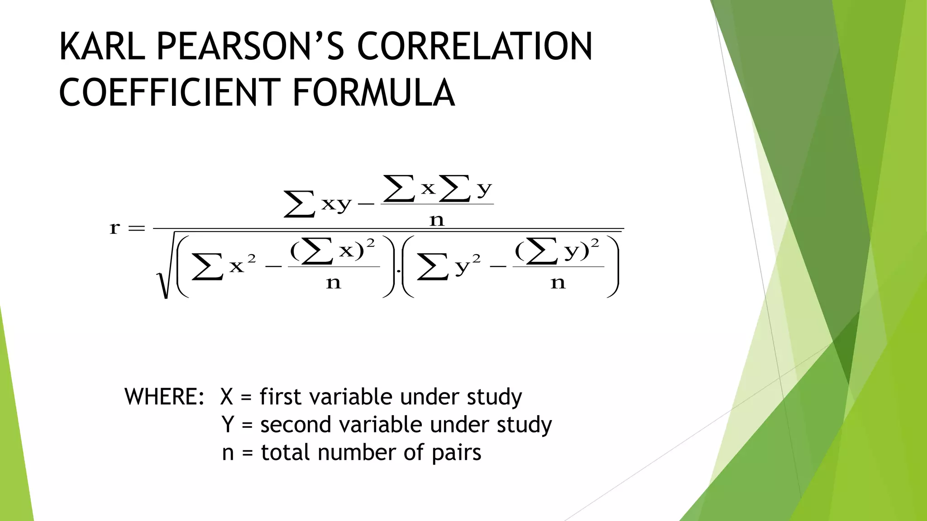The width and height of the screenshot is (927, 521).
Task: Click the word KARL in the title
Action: [102, 47]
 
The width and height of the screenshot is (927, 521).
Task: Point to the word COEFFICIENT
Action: [167, 93]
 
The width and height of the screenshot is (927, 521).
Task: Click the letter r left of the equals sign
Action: [115, 228]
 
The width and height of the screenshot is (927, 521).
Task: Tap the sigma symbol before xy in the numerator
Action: [299, 204]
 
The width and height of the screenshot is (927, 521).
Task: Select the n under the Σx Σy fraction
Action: [437, 221]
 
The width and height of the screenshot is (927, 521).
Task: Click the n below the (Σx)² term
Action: [334, 283]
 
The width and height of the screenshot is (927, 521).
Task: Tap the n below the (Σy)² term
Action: [558, 283]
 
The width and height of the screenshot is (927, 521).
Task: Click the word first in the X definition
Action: [280, 397]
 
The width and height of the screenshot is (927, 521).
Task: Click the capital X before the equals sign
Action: [227, 397]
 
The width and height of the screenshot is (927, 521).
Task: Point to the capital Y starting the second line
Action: [228, 425]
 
